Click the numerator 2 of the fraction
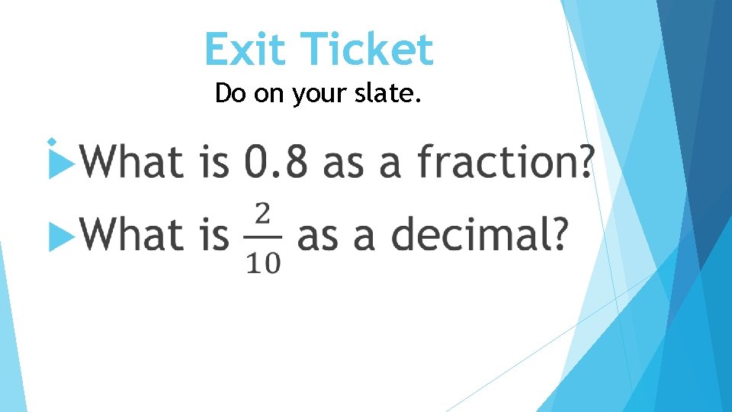coord(263,214)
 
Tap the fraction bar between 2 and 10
coord(263,237)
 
